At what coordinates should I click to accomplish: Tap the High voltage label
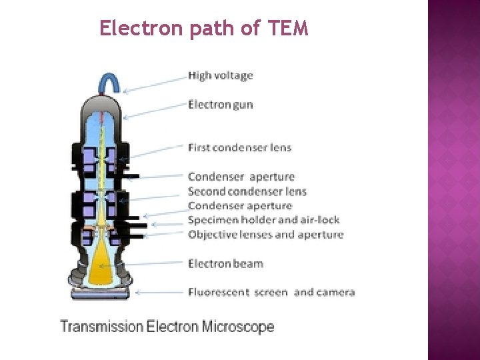(x=221, y=75)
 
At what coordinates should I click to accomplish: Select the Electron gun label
(x=221, y=105)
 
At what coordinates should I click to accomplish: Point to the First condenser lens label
(x=239, y=147)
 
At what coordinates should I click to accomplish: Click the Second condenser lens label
(x=247, y=191)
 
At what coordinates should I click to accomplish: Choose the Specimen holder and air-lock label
(x=263, y=220)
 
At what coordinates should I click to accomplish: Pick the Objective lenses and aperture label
(x=265, y=235)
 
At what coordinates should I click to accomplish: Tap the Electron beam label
(x=225, y=263)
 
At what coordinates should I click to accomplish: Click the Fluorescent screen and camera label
(x=271, y=292)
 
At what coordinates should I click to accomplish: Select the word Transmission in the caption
(x=102, y=327)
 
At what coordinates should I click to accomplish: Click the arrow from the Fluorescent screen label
(x=160, y=292)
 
